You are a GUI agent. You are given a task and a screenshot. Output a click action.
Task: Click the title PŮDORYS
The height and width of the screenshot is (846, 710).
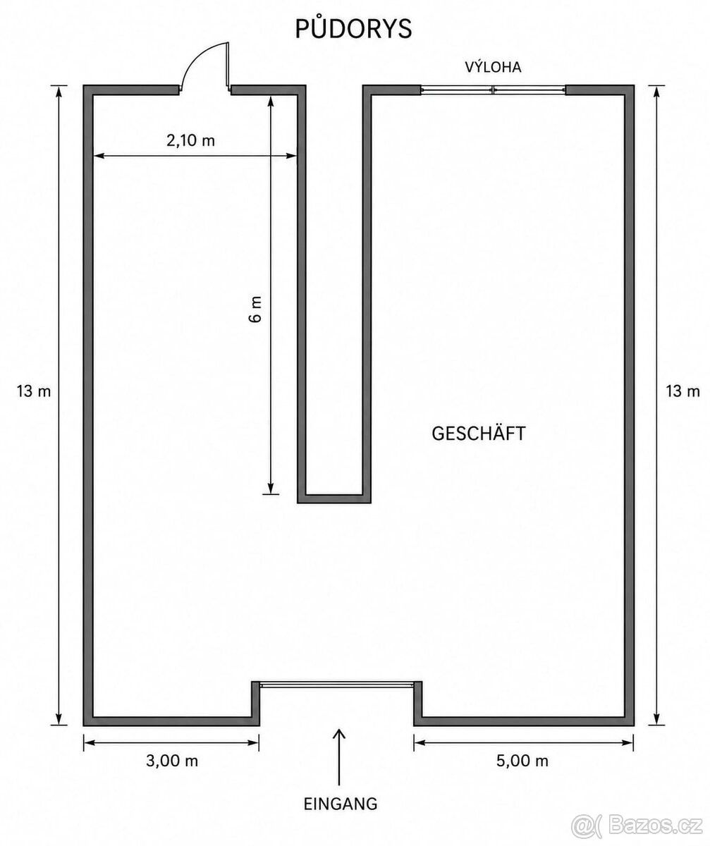pos(353,28)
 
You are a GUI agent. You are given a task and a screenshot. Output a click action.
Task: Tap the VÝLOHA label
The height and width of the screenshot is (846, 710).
pos(493,67)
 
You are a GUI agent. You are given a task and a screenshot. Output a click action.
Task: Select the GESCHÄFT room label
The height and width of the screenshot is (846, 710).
pos(479,434)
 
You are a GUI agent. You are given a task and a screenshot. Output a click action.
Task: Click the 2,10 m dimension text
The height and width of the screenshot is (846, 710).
pos(190,140)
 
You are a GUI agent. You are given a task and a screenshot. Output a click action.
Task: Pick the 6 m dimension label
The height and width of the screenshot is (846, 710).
pos(256,309)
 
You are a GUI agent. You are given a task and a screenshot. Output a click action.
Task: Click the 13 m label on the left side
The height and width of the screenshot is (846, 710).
pos(34,391)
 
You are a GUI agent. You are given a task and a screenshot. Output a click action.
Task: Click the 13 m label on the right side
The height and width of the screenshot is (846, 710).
pos(683,391)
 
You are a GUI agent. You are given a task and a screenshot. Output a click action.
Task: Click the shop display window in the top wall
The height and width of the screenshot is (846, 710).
pos(493,90)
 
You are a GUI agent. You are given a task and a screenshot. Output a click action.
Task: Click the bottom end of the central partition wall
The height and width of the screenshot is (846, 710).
pos(334,498)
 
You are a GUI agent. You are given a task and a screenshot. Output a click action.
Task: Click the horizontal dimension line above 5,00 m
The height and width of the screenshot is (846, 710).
pos(524,742)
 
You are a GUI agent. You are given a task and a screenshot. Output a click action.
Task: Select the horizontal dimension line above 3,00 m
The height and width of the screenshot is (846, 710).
pos(171,742)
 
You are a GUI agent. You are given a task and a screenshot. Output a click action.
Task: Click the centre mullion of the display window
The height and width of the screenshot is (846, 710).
pos(493,90)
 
